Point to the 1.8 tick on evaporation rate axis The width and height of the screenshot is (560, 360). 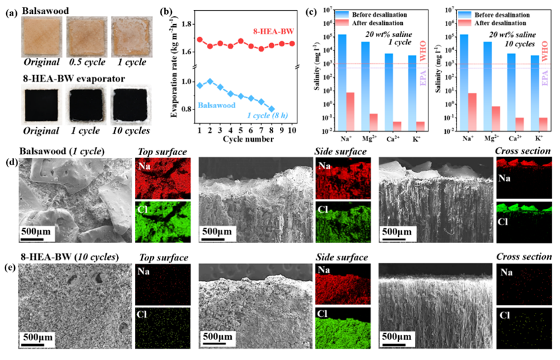[x=186, y=24]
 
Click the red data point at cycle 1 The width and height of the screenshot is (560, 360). [x=199, y=39]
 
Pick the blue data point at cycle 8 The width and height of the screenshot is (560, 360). [x=271, y=108]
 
